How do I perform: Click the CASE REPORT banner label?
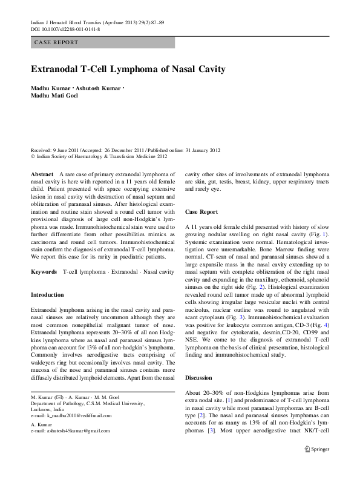pos(56,42)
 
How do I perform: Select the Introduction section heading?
pos(47,294)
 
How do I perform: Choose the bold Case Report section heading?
pos(201,213)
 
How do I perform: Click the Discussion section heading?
pos(201,377)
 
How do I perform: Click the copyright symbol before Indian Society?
pos(33,156)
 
